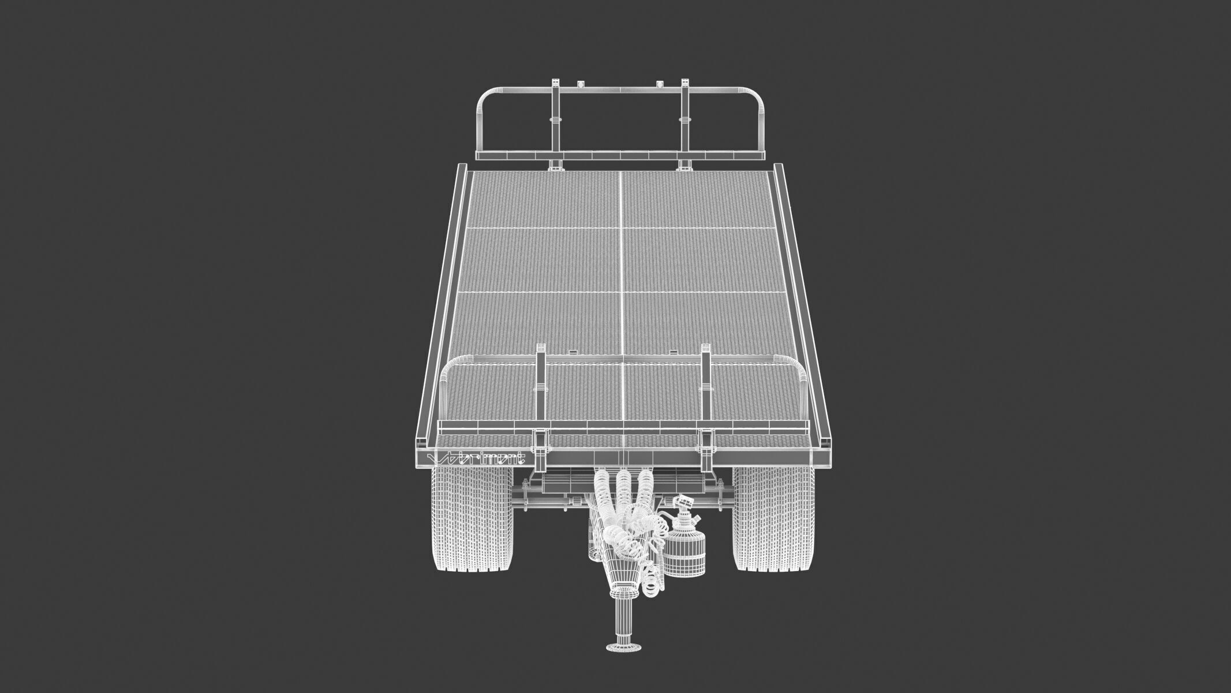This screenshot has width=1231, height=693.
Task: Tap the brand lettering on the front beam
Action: pyautogui.click(x=476, y=459)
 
